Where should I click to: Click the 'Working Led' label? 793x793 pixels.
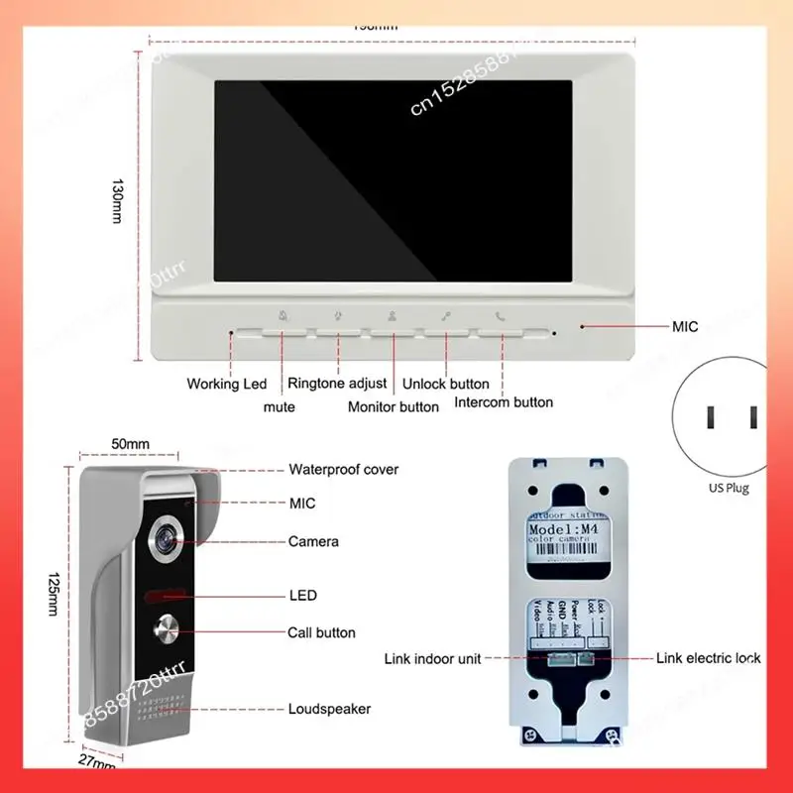227,384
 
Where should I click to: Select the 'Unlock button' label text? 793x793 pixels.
445,384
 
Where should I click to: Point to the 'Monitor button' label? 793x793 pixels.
394,406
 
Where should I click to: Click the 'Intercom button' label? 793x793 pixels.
504,402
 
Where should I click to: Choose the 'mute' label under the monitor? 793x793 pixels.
279,406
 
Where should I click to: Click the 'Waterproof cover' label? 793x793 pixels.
343,470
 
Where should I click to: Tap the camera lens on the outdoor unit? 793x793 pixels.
162,540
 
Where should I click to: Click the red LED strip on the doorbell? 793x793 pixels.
163,597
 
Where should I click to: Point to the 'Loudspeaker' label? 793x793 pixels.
329,709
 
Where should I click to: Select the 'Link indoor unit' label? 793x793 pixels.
433,658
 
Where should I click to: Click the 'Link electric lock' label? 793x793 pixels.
708,658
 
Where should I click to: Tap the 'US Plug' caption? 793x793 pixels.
730,488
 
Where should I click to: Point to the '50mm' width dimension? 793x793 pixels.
130,443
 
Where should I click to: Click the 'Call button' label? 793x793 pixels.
321,632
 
